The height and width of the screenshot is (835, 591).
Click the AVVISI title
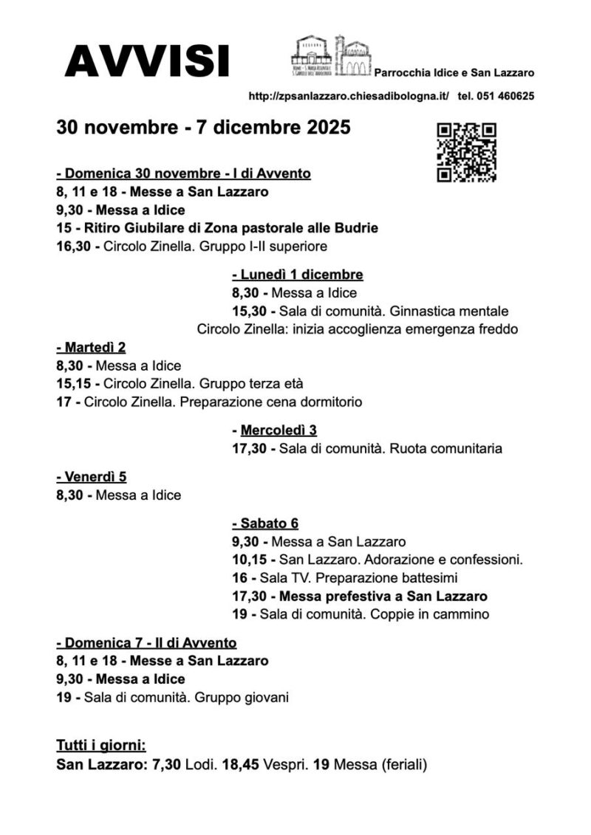click(x=146, y=61)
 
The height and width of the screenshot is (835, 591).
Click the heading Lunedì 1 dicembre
click(x=297, y=275)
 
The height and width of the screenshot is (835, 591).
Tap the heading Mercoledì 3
click(x=274, y=430)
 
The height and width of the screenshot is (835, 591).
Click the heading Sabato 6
click(x=264, y=523)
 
